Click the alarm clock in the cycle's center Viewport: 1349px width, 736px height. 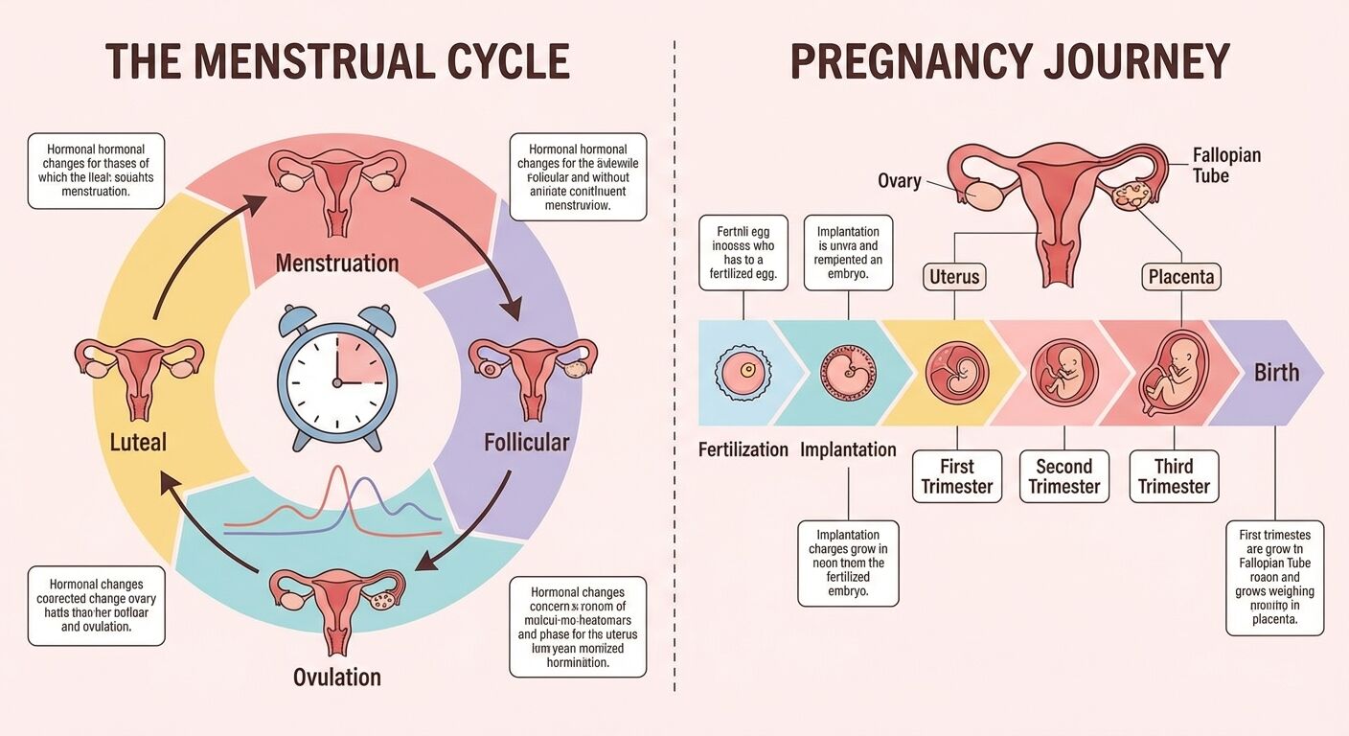coord(337,376)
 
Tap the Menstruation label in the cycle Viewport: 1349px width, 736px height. coord(337,263)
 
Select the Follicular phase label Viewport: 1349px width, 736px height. coord(526,443)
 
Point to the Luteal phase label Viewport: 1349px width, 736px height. coord(138,442)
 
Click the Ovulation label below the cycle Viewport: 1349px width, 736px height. coord(337,678)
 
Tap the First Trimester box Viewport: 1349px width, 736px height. coord(956,476)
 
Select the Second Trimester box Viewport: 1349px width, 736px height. coord(1063,476)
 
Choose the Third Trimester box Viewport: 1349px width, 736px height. coord(1174,476)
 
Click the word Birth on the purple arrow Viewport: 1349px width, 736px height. coord(1276,373)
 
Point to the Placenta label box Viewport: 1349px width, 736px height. coord(1181,278)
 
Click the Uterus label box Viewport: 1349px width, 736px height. coord(954,278)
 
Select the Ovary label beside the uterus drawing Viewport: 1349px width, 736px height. coord(900,180)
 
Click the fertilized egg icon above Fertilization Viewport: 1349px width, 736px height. coord(743,372)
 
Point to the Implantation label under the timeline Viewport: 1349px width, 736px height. coord(848,449)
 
